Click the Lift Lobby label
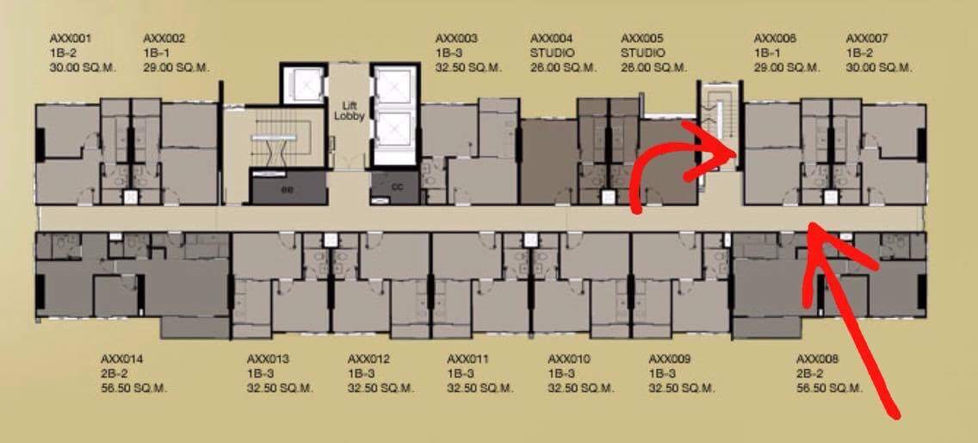[349, 111]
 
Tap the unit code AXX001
[71, 39]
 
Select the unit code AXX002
[164, 39]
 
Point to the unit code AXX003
[456, 39]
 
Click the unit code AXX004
[551, 39]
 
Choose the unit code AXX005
[642, 39]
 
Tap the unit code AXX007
[867, 39]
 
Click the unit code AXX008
[818, 359]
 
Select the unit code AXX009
[670, 359]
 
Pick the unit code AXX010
[569, 359]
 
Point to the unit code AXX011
[468, 359]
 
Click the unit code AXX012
[368, 359]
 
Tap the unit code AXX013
[269, 359]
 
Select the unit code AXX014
[121, 359]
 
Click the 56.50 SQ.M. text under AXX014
[134, 389]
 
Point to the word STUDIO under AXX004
[552, 53]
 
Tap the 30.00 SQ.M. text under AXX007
[880, 67]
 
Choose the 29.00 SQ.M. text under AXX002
[176, 67]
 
